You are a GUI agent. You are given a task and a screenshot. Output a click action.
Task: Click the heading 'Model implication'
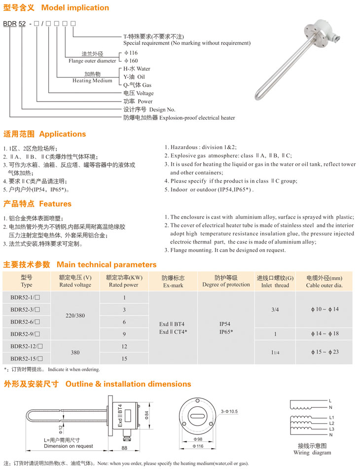[x=75, y=8]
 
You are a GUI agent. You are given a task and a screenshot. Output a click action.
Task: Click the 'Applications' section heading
[x=62, y=134]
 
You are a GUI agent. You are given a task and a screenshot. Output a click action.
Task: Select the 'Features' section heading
[x=55, y=204]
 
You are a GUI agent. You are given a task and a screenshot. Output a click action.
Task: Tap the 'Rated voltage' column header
[x=75, y=285]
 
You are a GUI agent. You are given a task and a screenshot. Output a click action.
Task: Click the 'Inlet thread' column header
[x=275, y=285]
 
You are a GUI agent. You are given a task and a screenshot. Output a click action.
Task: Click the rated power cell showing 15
[x=124, y=359]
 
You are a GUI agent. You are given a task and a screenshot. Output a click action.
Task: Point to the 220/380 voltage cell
[x=75, y=316]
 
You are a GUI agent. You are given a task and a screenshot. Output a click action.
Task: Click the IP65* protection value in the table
[x=226, y=332]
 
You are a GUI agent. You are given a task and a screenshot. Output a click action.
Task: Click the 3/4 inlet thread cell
[x=275, y=310]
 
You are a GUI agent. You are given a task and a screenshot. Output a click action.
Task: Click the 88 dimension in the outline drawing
[x=124, y=448]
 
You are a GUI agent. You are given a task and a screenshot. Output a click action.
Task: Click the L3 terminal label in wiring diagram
[x=331, y=429]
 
